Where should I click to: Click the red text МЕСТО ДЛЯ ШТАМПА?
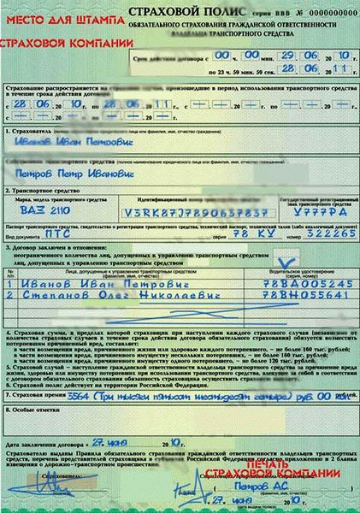(50, 15)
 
